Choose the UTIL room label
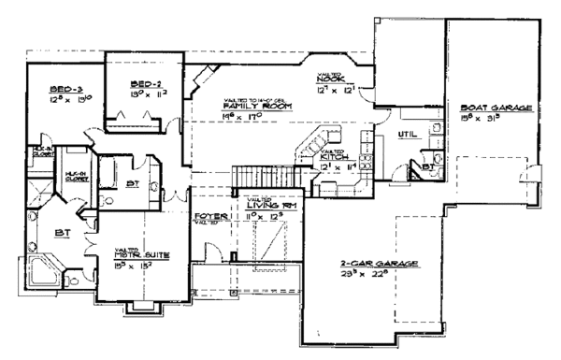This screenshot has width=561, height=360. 407,135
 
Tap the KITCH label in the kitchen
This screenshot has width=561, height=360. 333,155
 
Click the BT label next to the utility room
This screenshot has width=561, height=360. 426,166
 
